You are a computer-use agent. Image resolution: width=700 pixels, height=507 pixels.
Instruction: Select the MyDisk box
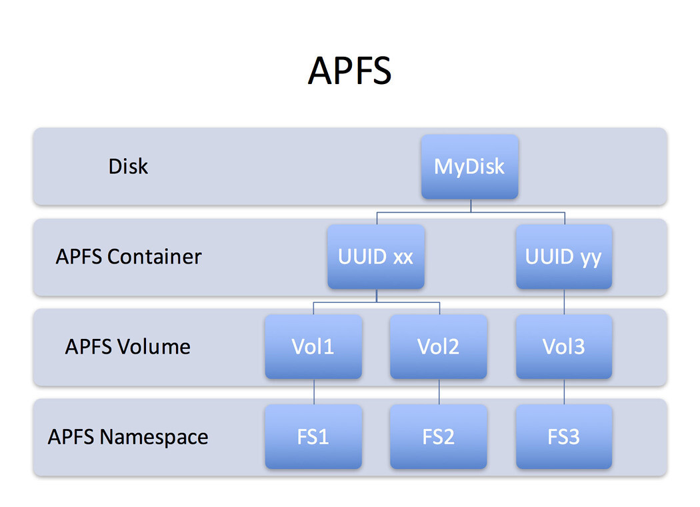469,167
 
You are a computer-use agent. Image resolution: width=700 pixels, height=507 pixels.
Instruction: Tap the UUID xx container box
376,257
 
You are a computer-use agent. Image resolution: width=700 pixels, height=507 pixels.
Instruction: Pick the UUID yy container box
564,257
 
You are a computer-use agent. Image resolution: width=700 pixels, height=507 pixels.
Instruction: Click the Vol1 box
313,347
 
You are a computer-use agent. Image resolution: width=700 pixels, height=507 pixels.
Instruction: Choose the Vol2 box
439,347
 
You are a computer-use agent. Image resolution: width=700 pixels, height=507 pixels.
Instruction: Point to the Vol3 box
564,347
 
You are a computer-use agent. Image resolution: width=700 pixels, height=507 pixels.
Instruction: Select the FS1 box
313,437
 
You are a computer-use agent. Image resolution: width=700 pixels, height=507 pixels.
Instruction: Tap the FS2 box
439,437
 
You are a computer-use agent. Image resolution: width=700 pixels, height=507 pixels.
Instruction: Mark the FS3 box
564,437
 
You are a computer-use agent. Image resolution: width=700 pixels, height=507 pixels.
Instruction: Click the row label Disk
128,166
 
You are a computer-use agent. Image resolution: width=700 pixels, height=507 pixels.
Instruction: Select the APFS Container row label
129,257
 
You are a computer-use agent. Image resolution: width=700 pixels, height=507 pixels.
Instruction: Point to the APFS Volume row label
128,347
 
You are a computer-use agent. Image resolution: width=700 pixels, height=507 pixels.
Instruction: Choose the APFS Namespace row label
128,437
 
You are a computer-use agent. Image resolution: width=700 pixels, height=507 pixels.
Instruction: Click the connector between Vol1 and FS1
314,392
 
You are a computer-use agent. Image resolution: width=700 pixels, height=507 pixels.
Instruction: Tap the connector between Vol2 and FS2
439,392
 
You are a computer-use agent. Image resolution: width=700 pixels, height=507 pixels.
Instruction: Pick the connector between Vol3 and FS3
565,392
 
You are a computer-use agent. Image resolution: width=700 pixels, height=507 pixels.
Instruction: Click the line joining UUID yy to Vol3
565,302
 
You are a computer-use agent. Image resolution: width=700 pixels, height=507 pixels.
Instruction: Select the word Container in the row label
155,257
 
